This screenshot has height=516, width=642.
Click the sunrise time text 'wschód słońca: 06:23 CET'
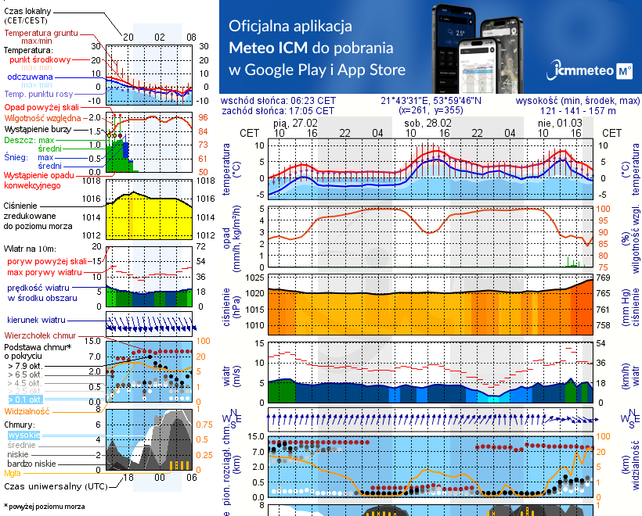pos(279,101)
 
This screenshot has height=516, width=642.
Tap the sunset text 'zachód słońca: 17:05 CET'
pos(278,111)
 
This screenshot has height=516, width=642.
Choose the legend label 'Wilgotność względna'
pos(38,116)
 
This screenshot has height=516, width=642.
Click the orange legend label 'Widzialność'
pos(27,410)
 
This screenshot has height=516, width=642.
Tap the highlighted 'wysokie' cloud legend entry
pos(23,435)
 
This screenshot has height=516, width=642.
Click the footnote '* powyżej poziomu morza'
pos(43,507)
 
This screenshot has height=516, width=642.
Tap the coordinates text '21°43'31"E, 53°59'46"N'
pos(431,101)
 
